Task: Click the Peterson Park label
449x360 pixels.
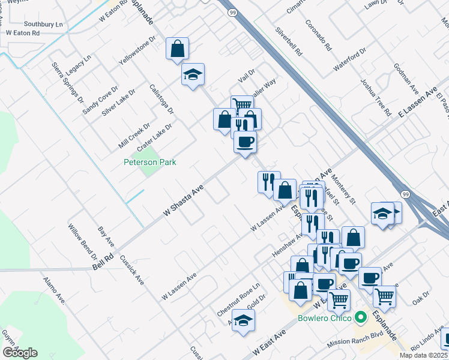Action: coord(150,162)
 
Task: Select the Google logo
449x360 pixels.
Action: coord(20,353)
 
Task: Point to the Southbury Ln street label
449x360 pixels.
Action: coord(43,25)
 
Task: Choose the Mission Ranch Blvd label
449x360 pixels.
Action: coord(355,340)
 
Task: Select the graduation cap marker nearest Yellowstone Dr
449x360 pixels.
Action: coord(193,75)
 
